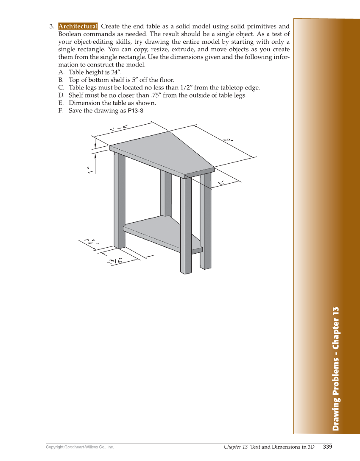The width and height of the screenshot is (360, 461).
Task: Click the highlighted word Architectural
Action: (78, 26)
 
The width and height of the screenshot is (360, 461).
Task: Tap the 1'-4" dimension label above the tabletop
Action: (119, 127)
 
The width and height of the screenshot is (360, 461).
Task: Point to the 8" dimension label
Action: (221, 182)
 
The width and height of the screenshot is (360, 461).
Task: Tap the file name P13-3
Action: (136, 111)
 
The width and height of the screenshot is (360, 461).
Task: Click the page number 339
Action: (327, 447)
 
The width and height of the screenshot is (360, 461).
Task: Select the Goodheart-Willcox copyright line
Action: (80, 447)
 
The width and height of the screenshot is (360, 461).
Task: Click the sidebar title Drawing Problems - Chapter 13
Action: (336, 369)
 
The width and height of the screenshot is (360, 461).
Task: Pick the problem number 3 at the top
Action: (51, 26)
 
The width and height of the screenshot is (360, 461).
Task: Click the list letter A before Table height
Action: (61, 73)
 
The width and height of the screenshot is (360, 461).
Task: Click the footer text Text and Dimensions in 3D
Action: (282, 447)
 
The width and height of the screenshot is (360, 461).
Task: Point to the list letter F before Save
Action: (61, 111)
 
